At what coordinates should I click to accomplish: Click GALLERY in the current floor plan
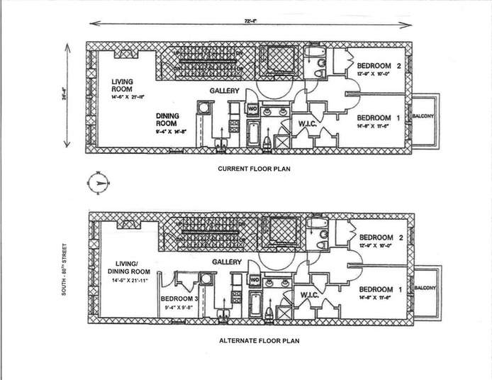click(x=224, y=91)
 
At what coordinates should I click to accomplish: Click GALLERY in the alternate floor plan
click(x=227, y=262)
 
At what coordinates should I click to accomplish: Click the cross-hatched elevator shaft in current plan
click(x=272, y=61)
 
